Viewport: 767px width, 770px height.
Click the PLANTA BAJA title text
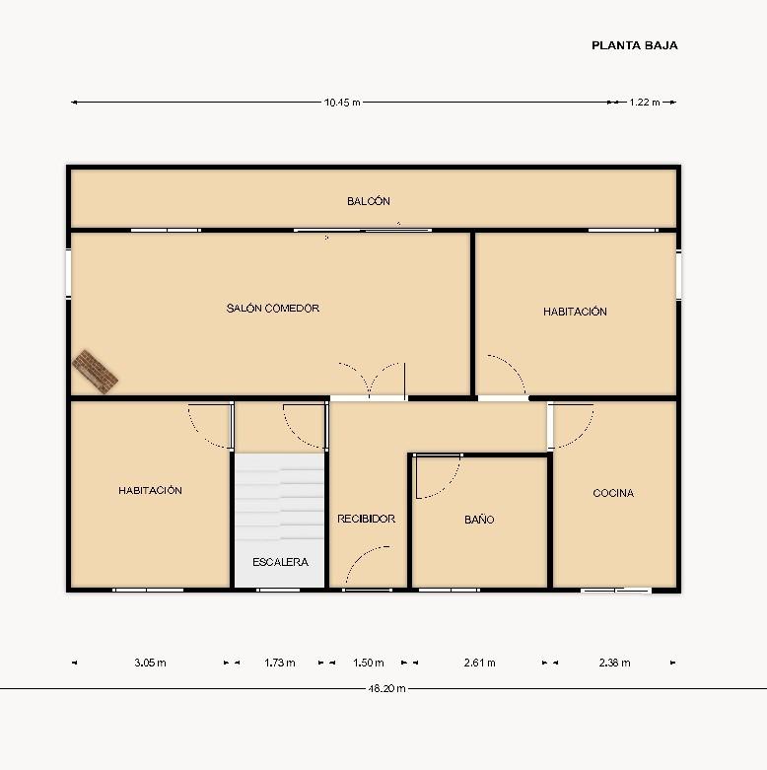coord(635,45)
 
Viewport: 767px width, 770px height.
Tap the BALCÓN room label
coord(369,201)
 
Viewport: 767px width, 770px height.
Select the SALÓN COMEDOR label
coord(273,308)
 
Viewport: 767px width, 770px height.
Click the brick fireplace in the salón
coord(95,372)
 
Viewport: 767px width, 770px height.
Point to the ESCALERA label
coord(280,562)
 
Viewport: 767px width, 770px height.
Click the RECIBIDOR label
coord(367,519)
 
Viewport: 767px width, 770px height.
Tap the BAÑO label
coord(479,519)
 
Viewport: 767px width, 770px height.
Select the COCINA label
coord(613,493)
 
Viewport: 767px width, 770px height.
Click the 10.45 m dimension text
coord(342,103)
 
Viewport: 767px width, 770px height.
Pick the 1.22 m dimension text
coord(645,103)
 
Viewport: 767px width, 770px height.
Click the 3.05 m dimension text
coord(150,663)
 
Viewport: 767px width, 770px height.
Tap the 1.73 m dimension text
coord(280,663)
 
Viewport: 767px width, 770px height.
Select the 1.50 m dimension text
coord(369,663)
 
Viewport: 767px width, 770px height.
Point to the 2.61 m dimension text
coord(480,663)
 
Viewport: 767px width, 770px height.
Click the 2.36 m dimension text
coord(615,663)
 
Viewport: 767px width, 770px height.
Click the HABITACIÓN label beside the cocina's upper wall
coord(575,312)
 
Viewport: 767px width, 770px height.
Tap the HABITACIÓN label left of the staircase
coord(150,490)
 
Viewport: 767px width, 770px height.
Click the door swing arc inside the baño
coord(450,485)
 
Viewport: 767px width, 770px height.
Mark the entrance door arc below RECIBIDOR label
coord(360,557)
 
